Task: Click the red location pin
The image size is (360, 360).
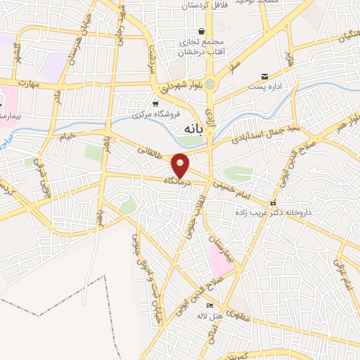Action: (181, 165)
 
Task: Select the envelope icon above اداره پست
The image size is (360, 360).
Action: (264, 76)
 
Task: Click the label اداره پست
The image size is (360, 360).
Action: (264, 87)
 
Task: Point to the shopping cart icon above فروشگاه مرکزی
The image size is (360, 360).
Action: (155, 103)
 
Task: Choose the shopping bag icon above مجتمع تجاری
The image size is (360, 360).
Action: (202, 31)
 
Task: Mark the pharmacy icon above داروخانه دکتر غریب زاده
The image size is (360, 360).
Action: (274, 204)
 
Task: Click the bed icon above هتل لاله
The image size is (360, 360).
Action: (209, 305)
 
